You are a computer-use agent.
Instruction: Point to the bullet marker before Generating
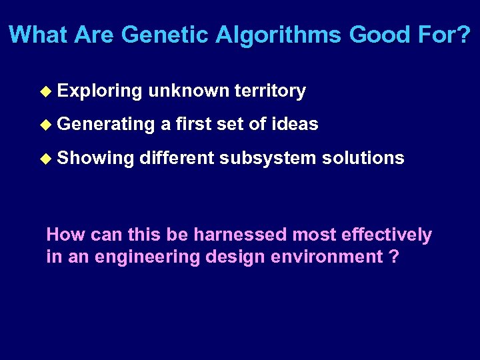[45, 125]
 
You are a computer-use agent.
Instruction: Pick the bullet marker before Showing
[45, 158]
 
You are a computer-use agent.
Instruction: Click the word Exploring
[100, 91]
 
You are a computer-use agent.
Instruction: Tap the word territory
[270, 91]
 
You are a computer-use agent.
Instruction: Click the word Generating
[105, 125]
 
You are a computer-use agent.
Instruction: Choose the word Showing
[96, 158]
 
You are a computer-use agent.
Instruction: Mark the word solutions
[363, 157]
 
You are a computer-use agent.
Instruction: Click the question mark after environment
[394, 257]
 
